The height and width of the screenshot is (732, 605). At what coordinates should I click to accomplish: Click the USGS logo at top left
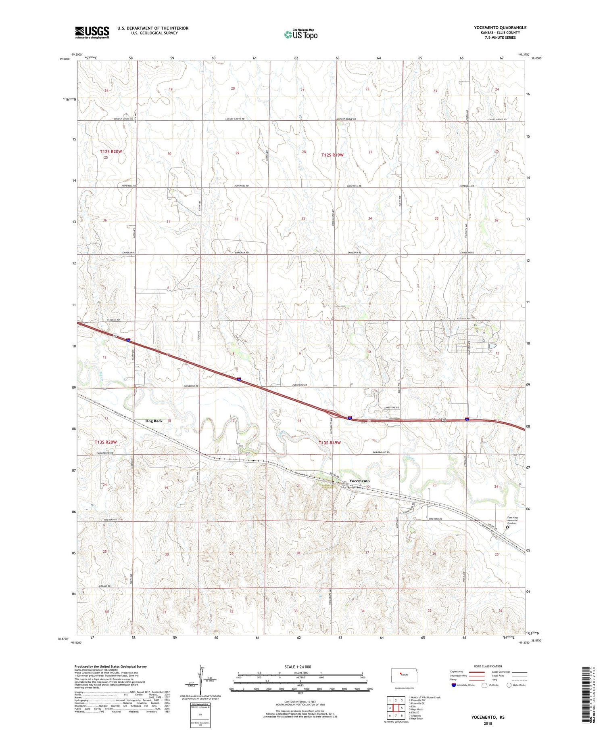click(x=92, y=32)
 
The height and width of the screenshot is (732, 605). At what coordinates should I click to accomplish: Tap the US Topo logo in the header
click(x=301, y=35)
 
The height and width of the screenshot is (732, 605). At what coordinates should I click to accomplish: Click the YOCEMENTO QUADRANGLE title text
click(x=500, y=28)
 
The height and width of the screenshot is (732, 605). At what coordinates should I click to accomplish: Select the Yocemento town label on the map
click(x=359, y=481)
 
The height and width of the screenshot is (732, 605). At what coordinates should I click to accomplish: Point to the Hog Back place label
click(x=154, y=421)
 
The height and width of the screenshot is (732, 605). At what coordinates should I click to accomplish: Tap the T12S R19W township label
click(x=332, y=155)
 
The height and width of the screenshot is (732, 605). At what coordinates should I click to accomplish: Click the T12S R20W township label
click(x=111, y=151)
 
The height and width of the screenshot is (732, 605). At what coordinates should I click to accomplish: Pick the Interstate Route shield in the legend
click(x=454, y=685)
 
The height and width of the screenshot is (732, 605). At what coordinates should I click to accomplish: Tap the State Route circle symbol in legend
click(x=509, y=685)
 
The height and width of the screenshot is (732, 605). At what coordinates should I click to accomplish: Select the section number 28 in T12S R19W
click(x=304, y=152)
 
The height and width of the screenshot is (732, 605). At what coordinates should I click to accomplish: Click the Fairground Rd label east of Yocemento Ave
click(x=381, y=453)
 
